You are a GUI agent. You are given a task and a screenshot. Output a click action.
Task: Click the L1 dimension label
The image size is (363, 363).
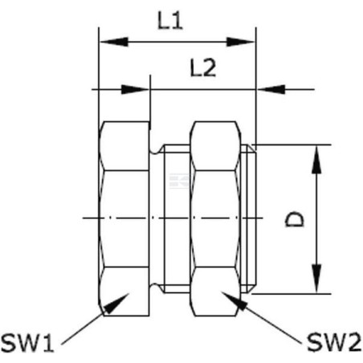170,21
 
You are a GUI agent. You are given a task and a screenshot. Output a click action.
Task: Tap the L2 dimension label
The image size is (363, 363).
202,68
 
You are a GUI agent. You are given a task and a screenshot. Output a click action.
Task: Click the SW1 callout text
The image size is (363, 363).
27,344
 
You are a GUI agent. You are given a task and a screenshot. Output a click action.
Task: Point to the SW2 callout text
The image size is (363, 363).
334,343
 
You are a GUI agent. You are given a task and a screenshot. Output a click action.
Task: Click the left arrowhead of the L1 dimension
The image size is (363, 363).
114,42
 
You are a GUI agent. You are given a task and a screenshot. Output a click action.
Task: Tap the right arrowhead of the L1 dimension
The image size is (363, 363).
241,42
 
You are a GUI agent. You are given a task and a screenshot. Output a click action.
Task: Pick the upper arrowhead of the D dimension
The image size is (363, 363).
316,160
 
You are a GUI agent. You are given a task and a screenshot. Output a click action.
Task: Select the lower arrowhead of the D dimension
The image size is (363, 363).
316,279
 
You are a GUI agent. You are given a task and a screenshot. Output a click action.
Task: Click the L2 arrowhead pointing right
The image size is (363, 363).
135,89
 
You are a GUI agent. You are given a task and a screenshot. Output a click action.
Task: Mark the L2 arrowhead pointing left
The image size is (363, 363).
271,89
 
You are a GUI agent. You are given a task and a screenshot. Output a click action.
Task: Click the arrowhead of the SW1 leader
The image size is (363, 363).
116,304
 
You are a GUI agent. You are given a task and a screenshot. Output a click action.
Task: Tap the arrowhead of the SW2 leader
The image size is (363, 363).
234,301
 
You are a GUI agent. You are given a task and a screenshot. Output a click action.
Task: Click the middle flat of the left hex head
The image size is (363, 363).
124,218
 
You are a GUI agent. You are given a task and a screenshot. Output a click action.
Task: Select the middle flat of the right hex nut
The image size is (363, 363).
215,218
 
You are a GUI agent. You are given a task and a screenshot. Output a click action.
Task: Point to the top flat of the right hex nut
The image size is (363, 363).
215,146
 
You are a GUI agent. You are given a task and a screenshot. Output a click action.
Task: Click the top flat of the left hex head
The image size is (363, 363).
124,146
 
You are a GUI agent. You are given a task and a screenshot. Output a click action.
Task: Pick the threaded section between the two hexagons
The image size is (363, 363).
177,218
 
